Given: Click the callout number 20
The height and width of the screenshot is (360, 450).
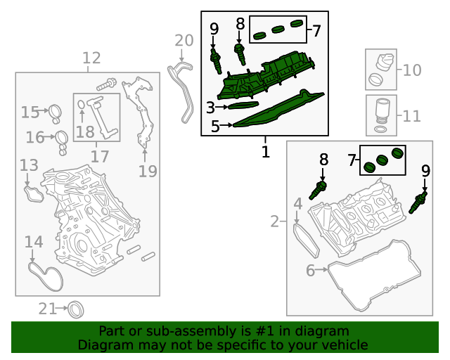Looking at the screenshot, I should click(184, 41).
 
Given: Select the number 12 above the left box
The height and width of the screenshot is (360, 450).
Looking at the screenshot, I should click(91, 58).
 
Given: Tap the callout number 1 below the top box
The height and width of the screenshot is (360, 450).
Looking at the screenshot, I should click(265, 150).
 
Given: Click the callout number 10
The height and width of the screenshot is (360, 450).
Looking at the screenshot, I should click(412, 70).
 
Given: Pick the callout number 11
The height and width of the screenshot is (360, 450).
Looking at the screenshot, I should click(412, 115).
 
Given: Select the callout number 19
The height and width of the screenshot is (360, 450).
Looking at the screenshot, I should click(147, 170).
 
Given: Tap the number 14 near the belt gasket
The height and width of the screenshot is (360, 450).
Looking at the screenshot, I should click(34, 243).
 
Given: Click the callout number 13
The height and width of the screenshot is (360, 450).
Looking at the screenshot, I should click(29, 165).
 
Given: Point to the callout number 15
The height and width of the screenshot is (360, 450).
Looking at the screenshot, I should click(30, 112).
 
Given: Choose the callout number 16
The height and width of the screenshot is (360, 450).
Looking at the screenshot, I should click(35, 137).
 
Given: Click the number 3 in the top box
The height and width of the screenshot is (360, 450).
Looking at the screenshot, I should click(210, 108).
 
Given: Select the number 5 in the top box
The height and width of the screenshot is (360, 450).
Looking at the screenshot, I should click(215, 127).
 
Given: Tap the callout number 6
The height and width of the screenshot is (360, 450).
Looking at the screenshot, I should click(311, 270).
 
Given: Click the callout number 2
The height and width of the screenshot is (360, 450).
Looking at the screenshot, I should click(274, 222).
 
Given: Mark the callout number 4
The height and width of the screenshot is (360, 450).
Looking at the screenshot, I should click(297, 205).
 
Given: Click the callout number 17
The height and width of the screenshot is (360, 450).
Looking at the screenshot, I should click(100, 155).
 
